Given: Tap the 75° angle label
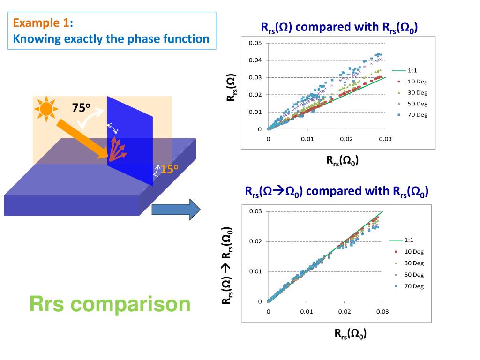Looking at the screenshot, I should (81, 107).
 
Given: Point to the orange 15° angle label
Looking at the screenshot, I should (169, 169).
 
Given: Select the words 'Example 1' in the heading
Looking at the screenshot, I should (41, 22).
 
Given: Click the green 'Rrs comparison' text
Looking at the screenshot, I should (110, 304).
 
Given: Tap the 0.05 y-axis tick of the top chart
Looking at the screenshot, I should (255, 43).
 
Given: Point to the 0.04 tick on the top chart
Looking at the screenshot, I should (255, 60).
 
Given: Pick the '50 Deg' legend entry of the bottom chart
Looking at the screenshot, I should (414, 275).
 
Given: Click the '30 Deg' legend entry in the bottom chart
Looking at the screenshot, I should (414, 263).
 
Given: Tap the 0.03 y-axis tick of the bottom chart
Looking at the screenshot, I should (255, 211).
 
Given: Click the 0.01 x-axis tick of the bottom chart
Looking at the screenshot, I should (307, 312).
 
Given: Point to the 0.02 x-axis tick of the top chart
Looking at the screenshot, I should (346, 139).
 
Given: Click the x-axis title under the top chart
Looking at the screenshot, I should (343, 161).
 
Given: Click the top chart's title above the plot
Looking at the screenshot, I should (339, 28).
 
